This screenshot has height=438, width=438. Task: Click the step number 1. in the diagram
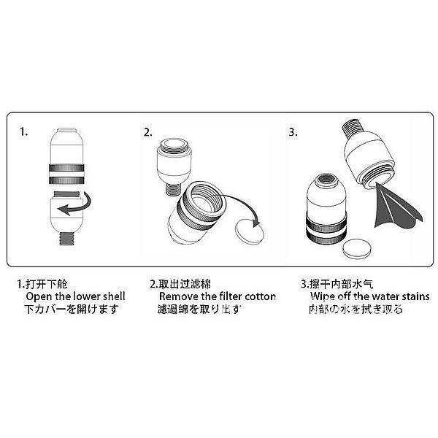24,131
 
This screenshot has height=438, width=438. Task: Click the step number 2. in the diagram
148,132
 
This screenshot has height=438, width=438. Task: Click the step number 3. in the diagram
293,132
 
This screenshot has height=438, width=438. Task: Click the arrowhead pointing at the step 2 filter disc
256,223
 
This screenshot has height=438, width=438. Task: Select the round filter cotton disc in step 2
249,231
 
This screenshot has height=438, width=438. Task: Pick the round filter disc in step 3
358,249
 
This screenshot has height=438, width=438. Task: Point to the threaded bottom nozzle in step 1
67,239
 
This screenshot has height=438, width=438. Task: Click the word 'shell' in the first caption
114,296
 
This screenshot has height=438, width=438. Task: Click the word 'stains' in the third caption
415,296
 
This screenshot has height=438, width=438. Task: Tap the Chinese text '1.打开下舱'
42,284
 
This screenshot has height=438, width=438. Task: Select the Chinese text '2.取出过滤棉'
180,284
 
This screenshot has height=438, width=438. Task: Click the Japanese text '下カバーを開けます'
72,310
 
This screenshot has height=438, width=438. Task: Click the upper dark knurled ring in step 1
66,168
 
